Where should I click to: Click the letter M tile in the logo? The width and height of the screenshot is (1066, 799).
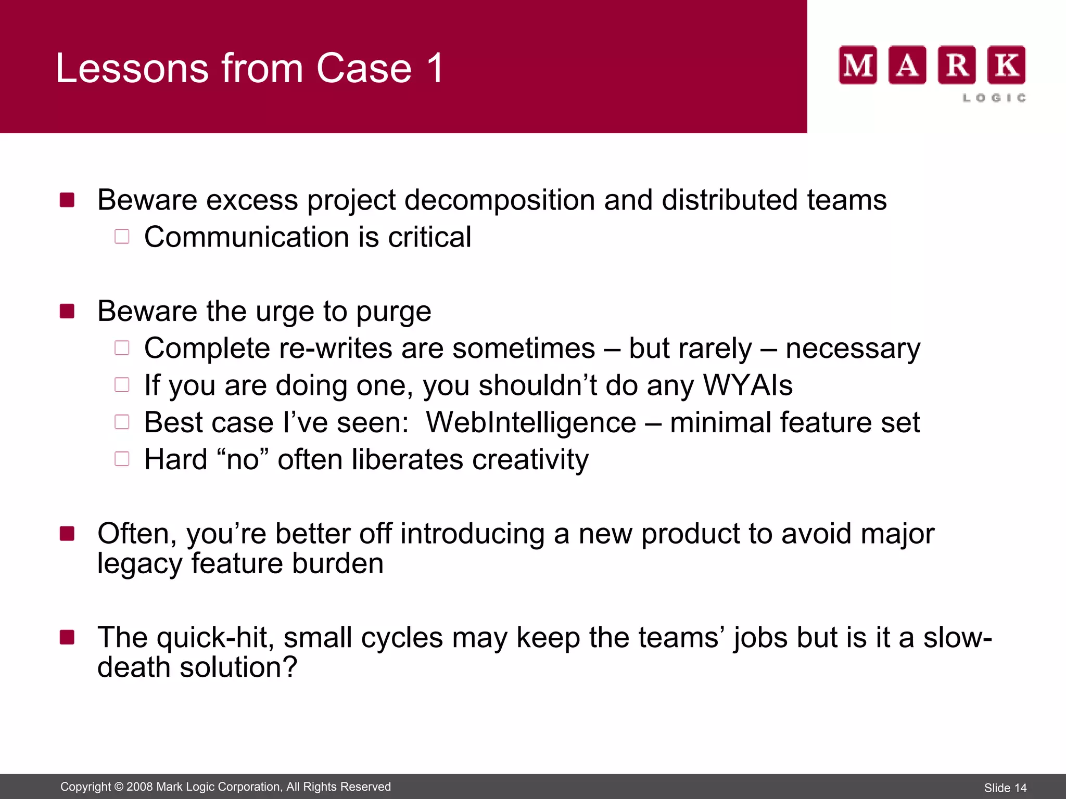[x=858, y=65]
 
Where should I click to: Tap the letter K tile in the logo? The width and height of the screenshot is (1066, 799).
[x=1007, y=65]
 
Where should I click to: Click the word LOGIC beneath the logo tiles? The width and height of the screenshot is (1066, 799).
[x=994, y=98]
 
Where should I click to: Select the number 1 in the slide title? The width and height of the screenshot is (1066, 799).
[x=435, y=68]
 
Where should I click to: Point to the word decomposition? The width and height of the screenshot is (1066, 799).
[x=499, y=200]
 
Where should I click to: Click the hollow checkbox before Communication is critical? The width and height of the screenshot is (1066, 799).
[x=122, y=237]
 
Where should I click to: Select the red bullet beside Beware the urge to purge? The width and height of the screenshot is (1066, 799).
[x=67, y=311]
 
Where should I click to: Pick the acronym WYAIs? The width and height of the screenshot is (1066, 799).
[x=747, y=385]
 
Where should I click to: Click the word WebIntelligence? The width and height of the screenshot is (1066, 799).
[x=531, y=422]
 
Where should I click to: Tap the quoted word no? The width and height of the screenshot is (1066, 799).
[x=243, y=460]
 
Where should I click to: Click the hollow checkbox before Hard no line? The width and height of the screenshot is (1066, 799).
[x=122, y=459]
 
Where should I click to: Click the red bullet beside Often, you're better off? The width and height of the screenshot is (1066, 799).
[x=67, y=534]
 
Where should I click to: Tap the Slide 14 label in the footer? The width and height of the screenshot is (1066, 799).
[x=1005, y=788]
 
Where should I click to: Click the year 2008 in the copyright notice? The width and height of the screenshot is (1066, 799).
[x=139, y=787]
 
